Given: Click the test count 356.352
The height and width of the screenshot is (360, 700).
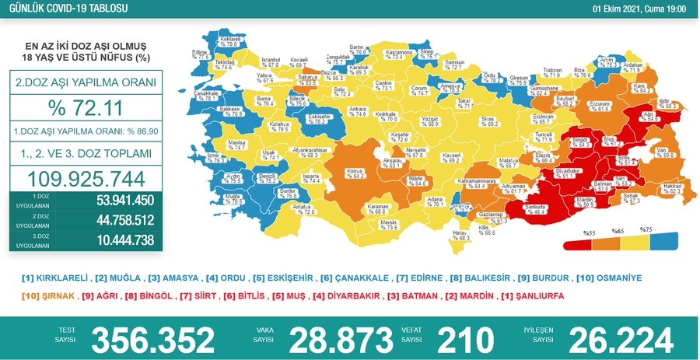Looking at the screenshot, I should click(x=152, y=340).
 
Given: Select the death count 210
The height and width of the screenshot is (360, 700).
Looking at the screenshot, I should click(x=465, y=340).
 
